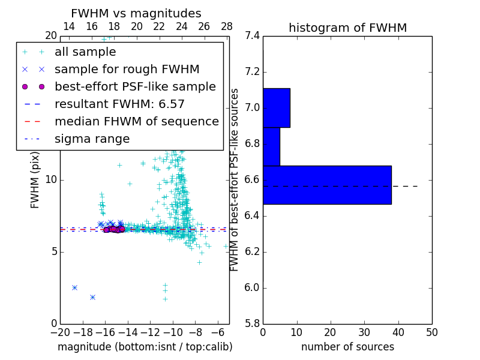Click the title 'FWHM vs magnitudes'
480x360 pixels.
[136, 13]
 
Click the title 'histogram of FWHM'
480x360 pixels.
[347, 28]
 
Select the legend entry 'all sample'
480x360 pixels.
[85, 52]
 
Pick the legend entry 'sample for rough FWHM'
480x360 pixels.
[127, 70]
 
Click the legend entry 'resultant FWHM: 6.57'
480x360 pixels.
[119, 104]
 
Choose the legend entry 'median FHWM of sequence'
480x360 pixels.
[136, 122]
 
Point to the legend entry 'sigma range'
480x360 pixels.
[92, 139]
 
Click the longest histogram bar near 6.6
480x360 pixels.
[327, 185]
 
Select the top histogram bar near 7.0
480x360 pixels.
[276, 108]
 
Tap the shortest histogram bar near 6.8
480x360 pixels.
[271, 146]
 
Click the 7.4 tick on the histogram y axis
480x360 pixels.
[252, 36]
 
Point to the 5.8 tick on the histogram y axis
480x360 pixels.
[252, 323]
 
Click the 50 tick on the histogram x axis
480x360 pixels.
[432, 332]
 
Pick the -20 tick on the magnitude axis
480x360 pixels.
[60, 332]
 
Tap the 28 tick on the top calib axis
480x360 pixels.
[227, 26]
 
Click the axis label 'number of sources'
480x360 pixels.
[347, 347]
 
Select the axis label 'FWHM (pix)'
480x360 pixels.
[35, 180]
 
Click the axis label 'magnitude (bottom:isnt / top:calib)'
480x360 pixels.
[145, 347]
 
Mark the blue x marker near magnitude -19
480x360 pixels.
[74, 287]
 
